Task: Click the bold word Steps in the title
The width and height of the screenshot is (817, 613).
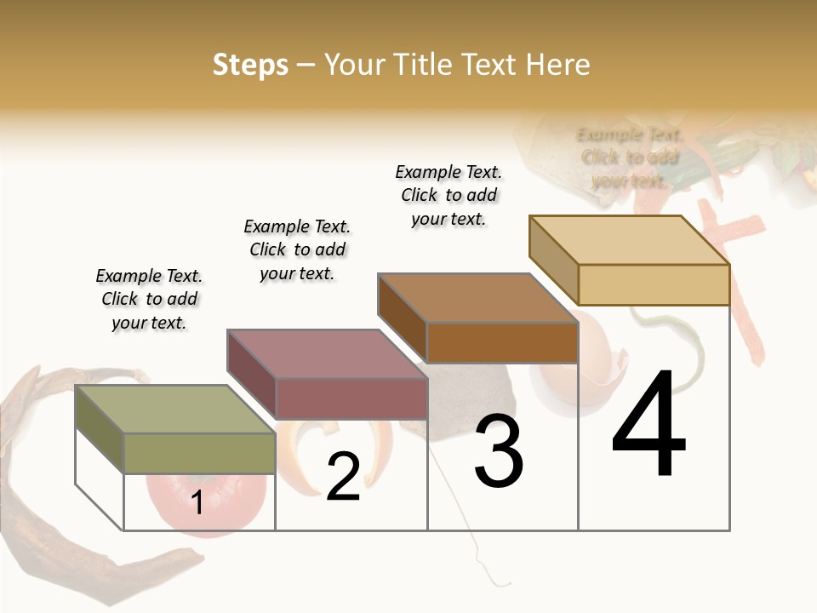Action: click(250, 65)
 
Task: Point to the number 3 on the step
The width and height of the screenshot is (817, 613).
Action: click(499, 451)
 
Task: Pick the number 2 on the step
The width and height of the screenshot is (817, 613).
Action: click(343, 477)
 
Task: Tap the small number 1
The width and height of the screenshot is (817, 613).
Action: click(197, 502)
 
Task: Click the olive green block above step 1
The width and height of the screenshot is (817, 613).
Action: click(199, 453)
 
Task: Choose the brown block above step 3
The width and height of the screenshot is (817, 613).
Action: click(501, 342)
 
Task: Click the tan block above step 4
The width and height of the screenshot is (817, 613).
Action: click(653, 284)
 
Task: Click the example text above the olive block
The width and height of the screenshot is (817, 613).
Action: click(149, 299)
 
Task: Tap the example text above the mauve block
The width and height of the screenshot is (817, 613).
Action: click(297, 249)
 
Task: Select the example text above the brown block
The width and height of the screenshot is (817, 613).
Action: click(448, 195)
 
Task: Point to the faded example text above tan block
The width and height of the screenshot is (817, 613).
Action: click(630, 158)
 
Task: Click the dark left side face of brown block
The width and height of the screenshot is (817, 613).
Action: click(402, 317)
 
